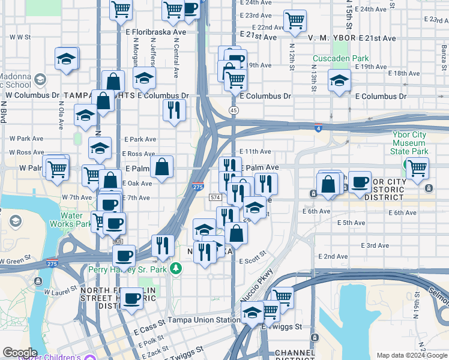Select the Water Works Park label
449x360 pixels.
pyautogui.click(x=76, y=220)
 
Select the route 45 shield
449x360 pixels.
pyautogui.click(x=234, y=110)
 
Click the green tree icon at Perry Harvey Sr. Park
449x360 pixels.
pyautogui.click(x=175, y=268)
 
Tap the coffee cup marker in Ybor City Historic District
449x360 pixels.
pyautogui.click(x=360, y=182)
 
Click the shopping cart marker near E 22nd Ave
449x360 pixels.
pyautogui.click(x=295, y=21)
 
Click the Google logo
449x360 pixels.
pyautogui.click(x=20, y=353)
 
